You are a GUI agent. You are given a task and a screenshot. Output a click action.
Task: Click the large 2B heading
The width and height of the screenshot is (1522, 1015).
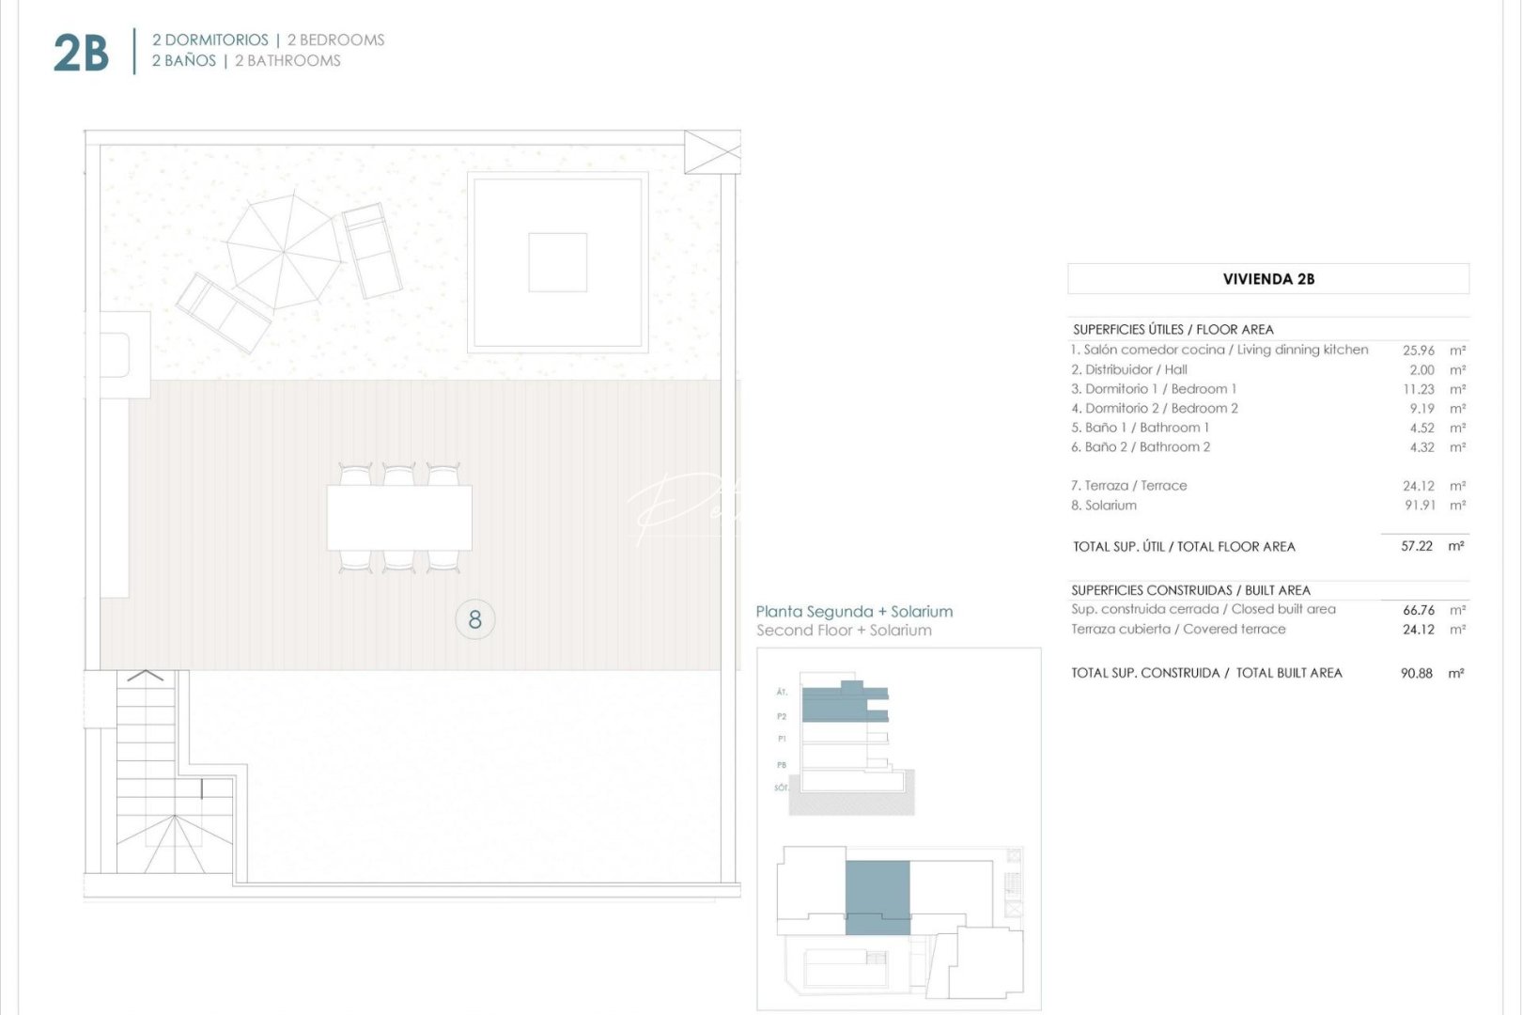pos(81,53)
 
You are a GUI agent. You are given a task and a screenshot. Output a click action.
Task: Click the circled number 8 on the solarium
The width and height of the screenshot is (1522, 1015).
pos(474,619)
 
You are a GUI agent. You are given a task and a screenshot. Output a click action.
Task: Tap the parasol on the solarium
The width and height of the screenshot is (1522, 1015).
pos(285,251)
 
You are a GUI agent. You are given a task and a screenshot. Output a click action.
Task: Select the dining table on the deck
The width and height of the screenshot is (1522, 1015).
pos(399,517)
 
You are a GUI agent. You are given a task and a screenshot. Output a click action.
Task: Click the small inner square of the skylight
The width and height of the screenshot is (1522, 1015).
pos(557,263)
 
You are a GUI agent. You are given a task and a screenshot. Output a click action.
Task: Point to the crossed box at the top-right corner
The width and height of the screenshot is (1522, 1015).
pos(712,152)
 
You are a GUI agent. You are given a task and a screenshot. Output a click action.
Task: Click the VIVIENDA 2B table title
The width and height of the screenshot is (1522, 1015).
pos(1268,279)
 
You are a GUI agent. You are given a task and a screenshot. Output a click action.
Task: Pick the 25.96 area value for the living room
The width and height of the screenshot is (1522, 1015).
pos(1419,351)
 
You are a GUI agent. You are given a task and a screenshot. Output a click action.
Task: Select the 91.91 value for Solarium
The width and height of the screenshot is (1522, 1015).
pos(1420,506)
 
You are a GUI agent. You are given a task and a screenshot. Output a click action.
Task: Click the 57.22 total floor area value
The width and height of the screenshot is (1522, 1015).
pos(1417,546)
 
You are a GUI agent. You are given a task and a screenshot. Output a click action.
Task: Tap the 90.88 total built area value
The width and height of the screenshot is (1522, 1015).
pos(1417,673)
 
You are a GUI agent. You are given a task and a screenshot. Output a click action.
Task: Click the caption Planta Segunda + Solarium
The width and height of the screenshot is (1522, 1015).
pos(854,612)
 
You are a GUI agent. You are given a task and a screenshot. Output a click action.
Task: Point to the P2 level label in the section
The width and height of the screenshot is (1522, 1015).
pos(782,716)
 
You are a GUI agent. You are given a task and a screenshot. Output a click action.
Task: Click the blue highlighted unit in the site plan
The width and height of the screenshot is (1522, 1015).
pos(877,898)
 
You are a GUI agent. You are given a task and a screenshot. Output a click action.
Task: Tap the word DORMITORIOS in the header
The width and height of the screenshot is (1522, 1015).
pos(216,40)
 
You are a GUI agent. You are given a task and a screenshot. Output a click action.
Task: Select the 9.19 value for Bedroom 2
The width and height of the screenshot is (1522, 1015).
pos(1421,409)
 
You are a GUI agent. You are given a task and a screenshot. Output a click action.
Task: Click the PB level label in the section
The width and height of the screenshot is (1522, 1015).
pos(782,765)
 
